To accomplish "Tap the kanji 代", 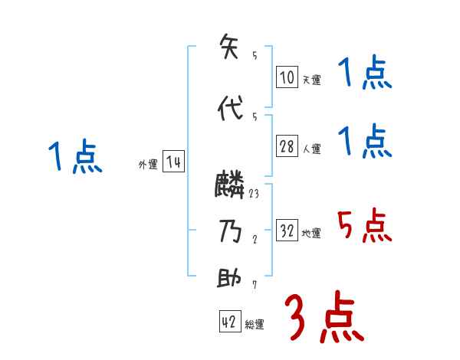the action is pos(229,109).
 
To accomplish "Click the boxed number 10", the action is pos(287,77).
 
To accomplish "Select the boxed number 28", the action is pos(287,147).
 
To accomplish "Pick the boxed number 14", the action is pos(173,162).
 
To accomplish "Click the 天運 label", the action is pos(311,80).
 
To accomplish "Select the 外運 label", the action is pos(148,165).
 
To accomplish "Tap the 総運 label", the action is pos(255,325).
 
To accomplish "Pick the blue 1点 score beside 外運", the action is pos(74,157).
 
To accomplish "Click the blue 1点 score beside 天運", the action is pos(364,74).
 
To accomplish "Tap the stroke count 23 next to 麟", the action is pos(254,193).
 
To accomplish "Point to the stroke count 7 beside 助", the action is pos(254,285).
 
